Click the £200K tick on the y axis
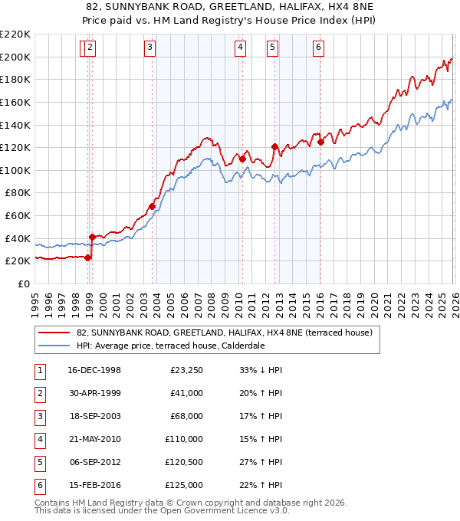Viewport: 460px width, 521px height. (15, 57)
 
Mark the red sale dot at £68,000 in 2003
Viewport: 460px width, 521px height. (153, 206)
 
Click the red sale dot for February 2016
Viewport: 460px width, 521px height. (320, 142)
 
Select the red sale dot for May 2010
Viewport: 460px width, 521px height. (242, 159)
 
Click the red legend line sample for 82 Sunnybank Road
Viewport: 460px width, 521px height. (54, 333)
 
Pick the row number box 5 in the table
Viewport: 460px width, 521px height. (40, 462)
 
